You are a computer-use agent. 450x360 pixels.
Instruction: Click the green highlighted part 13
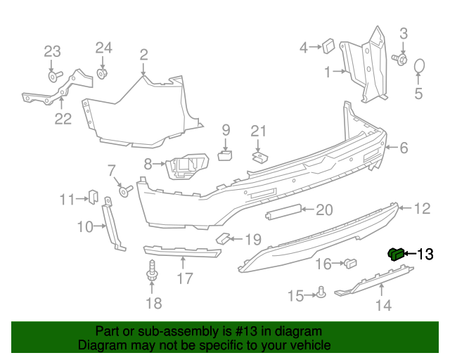[397, 253]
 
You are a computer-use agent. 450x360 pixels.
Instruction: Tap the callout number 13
[426, 254]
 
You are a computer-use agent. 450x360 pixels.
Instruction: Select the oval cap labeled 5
[419, 66]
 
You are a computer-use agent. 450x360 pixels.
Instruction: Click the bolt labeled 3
[402, 60]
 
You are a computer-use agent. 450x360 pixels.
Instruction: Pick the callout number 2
[143, 54]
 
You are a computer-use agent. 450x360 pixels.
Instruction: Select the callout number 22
[63, 119]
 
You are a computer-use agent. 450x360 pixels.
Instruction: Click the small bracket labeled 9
[226, 154]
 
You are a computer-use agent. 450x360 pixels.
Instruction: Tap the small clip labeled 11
[92, 197]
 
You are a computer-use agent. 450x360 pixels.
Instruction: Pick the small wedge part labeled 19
[222, 238]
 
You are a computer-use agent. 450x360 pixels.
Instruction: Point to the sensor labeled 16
[349, 264]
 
